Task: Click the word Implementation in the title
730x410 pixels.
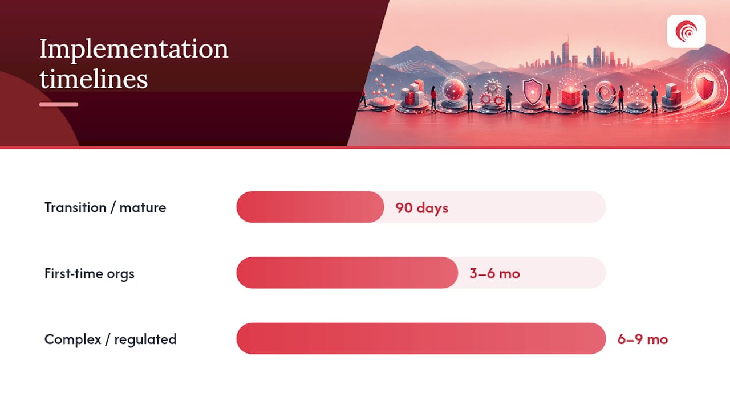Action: click(133, 50)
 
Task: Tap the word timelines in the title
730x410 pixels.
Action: click(94, 79)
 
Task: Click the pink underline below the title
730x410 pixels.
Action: click(59, 104)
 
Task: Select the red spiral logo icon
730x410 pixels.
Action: click(686, 31)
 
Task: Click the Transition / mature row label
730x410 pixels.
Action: click(106, 208)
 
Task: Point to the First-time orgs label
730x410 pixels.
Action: click(90, 274)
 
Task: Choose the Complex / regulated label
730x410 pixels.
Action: click(111, 339)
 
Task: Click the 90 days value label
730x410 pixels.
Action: click(421, 208)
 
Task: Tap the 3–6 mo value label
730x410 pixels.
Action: click(494, 274)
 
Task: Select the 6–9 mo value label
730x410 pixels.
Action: click(643, 339)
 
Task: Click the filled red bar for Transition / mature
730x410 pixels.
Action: click(310, 207)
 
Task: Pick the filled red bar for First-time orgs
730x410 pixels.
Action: click(347, 273)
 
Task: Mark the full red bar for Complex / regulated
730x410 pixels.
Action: click(421, 338)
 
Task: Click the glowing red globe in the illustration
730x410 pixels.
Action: click(453, 89)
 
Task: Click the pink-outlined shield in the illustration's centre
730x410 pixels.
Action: click(533, 92)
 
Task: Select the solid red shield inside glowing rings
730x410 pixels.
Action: click(704, 86)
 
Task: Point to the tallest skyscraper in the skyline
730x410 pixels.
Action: click(567, 51)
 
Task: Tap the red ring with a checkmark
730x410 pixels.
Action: click(605, 93)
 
